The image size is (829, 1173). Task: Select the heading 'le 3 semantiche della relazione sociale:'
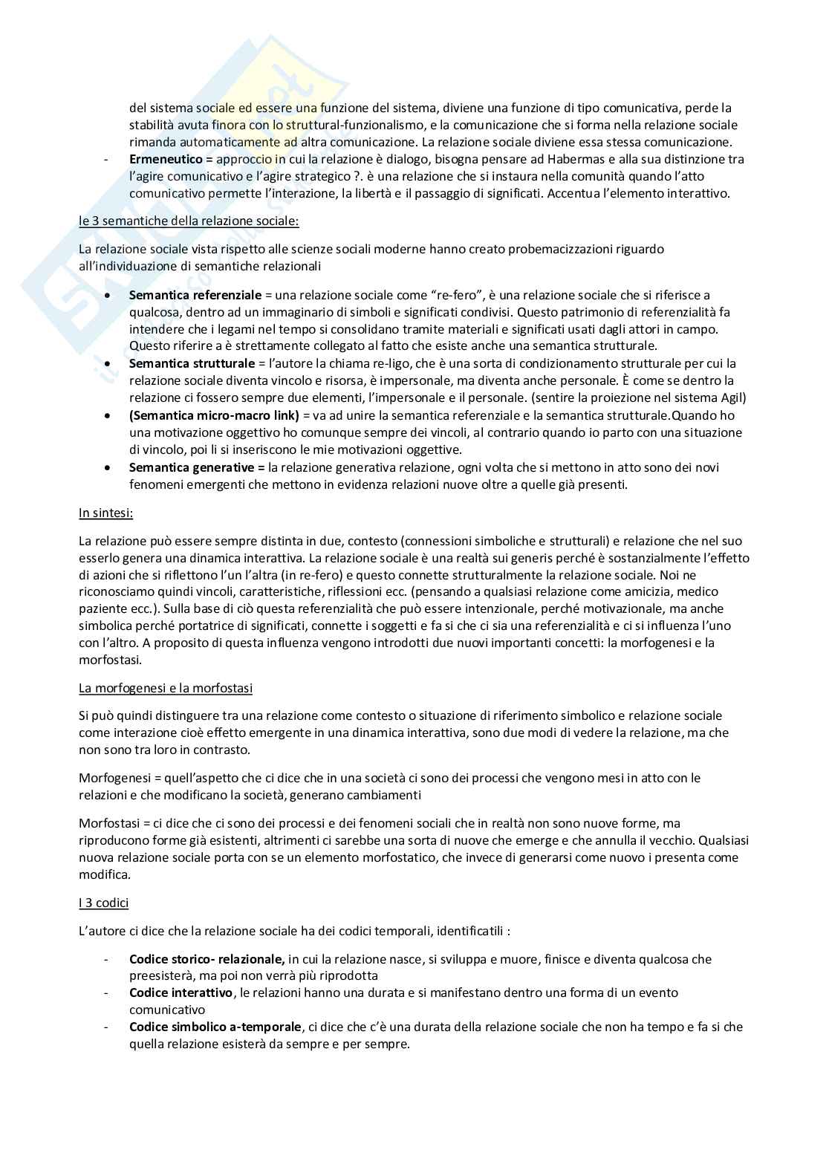pyautogui.click(x=189, y=221)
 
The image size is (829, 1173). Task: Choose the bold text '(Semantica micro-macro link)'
pyautogui.click(x=214, y=415)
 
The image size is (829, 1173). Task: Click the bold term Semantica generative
pyautogui.click(x=197, y=467)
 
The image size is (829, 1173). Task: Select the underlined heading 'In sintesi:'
pyautogui.click(x=106, y=513)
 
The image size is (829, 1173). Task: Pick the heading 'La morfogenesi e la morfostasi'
pyautogui.click(x=166, y=688)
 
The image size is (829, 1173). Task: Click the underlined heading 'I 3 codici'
pyautogui.click(x=104, y=903)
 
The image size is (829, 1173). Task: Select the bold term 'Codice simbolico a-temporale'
pyautogui.click(x=215, y=1027)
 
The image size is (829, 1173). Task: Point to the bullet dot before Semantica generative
pyautogui.click(x=109, y=468)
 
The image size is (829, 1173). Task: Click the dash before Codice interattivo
pyautogui.click(x=107, y=993)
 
